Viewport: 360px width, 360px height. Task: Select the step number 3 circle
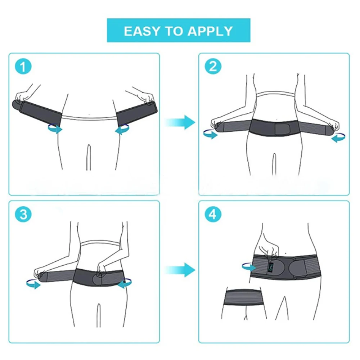(23, 215)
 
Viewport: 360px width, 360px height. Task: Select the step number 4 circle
(213, 215)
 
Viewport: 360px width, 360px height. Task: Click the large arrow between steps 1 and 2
(180, 122)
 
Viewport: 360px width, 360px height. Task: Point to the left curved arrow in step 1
(55, 129)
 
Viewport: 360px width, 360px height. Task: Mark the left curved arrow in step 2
(210, 134)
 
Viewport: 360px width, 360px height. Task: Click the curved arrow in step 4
(248, 266)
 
